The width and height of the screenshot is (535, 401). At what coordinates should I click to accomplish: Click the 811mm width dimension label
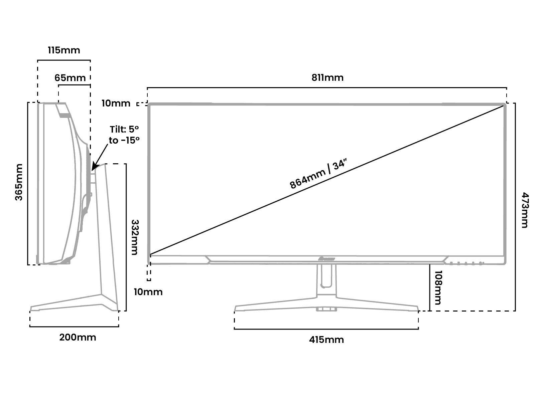(x=327, y=78)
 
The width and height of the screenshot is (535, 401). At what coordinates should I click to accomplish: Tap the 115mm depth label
(x=64, y=50)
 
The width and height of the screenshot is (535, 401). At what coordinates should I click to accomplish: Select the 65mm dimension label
(x=70, y=78)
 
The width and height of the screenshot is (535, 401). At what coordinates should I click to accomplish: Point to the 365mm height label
(x=19, y=182)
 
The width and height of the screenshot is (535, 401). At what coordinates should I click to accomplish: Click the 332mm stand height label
(x=135, y=237)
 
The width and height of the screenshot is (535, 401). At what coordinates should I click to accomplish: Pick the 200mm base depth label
(x=78, y=338)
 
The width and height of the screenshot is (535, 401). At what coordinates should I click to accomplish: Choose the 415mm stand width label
(x=326, y=340)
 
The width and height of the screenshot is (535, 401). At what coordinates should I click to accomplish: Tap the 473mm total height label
(x=525, y=210)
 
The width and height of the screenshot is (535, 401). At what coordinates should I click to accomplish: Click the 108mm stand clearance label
(x=438, y=287)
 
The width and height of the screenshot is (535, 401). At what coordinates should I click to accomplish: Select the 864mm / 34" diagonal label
(x=318, y=173)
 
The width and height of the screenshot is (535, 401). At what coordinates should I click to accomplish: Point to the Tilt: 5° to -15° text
(x=124, y=135)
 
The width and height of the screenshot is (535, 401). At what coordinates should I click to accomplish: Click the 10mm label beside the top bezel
(x=116, y=103)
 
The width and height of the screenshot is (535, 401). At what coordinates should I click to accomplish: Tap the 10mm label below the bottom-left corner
(x=148, y=292)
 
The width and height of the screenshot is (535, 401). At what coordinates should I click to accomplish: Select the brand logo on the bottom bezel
(x=326, y=259)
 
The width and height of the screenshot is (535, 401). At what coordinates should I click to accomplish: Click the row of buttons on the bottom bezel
(x=466, y=263)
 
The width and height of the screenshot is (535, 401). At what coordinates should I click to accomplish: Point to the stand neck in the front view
(x=326, y=280)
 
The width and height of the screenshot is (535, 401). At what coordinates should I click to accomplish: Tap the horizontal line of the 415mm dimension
(x=326, y=329)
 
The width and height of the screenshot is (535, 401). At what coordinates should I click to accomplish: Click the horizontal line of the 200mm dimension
(x=74, y=327)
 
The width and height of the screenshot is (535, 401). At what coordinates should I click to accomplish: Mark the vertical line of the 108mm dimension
(x=429, y=287)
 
